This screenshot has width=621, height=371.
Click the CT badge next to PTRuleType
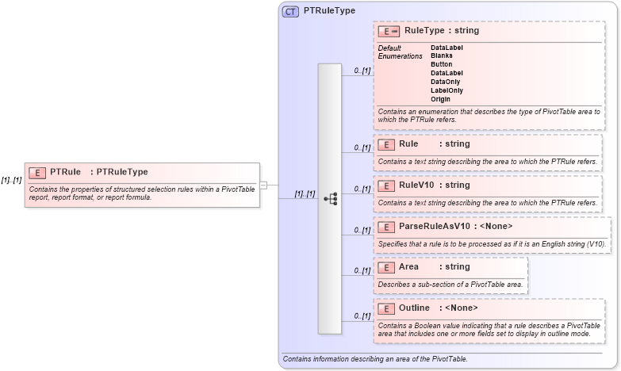291,12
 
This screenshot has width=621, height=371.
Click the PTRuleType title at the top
329,12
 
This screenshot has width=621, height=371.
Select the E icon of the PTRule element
36,172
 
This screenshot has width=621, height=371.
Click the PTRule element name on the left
66,172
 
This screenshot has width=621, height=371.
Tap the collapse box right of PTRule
263,185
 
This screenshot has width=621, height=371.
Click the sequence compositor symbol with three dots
331,198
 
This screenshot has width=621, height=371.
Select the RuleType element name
424,31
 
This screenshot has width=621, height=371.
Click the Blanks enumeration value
442,55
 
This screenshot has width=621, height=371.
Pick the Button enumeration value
442,64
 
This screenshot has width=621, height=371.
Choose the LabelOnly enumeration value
447,90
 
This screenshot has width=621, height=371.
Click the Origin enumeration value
440,99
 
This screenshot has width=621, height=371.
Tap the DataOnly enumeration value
445,82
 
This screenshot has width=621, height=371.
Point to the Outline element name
414,308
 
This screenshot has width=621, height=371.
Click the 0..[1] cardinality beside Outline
362,316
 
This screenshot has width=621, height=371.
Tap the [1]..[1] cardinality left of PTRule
11,180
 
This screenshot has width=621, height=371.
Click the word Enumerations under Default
401,56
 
